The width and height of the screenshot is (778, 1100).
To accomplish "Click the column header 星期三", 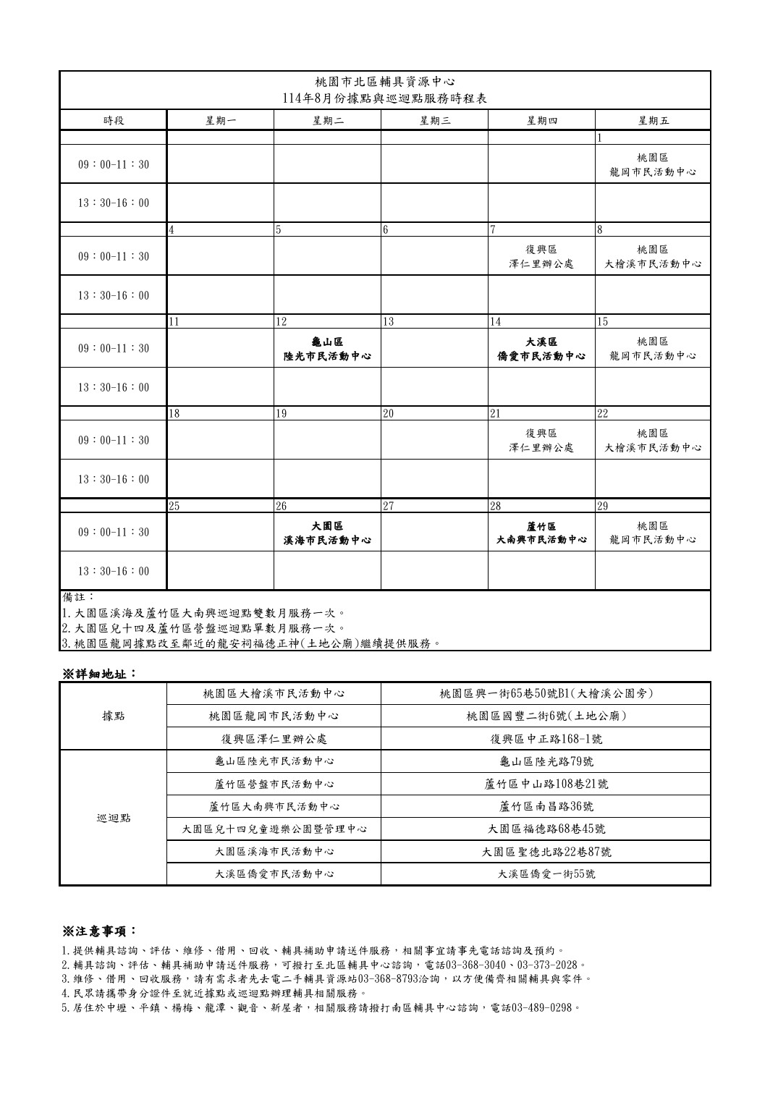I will [435, 121].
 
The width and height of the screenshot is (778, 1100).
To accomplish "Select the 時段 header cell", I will [114, 121].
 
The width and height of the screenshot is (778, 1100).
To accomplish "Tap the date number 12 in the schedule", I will [282, 321].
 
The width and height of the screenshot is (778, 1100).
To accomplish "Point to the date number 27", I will [389, 506].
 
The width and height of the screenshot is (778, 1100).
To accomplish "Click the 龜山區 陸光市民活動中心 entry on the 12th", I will [327, 349].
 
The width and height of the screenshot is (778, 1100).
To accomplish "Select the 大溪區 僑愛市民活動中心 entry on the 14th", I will [541, 349].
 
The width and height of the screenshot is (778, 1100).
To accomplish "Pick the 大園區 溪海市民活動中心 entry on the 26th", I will [327, 533].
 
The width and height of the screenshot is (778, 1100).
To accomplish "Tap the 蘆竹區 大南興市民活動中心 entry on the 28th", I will [541, 533].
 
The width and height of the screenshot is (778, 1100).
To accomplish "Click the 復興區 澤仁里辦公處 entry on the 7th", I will [541, 257].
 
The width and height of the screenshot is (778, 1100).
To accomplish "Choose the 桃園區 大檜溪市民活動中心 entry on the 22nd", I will [653, 441].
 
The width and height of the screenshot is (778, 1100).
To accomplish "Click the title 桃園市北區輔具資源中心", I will [385, 81].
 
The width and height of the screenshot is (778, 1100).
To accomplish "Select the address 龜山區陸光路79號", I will [546, 761].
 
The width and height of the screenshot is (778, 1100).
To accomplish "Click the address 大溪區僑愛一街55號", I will [546, 874].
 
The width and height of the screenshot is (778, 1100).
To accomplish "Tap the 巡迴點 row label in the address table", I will [114, 818].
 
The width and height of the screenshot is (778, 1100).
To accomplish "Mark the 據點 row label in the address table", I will [114, 716].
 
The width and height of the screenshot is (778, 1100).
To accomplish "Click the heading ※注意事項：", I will [99, 930].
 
